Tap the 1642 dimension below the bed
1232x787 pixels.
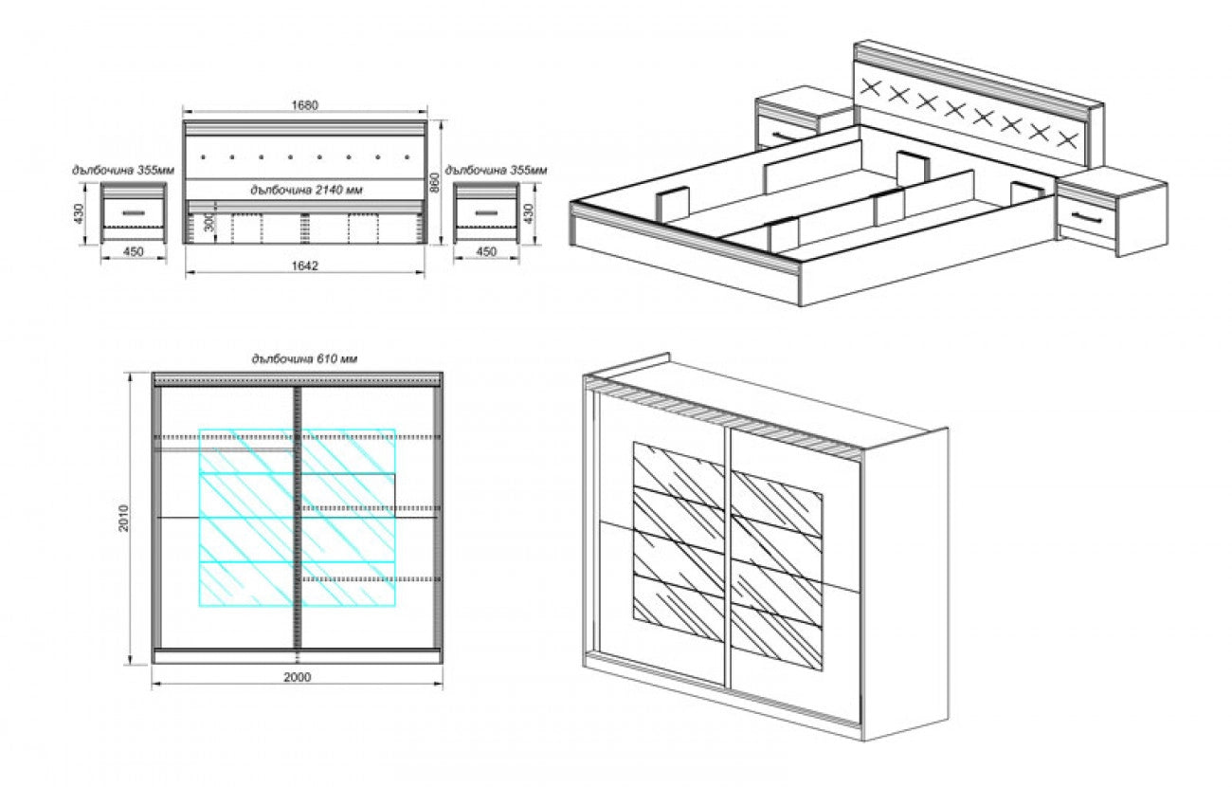[x=304, y=265]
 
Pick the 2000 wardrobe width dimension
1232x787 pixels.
[x=297, y=676]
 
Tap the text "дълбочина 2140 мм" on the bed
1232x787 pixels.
[x=305, y=190]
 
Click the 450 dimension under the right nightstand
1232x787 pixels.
[x=485, y=252]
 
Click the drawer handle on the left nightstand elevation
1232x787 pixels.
[x=134, y=214]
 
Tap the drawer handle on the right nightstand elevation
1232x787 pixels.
[x=484, y=214]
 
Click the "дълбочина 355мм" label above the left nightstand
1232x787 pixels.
[x=123, y=170]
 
